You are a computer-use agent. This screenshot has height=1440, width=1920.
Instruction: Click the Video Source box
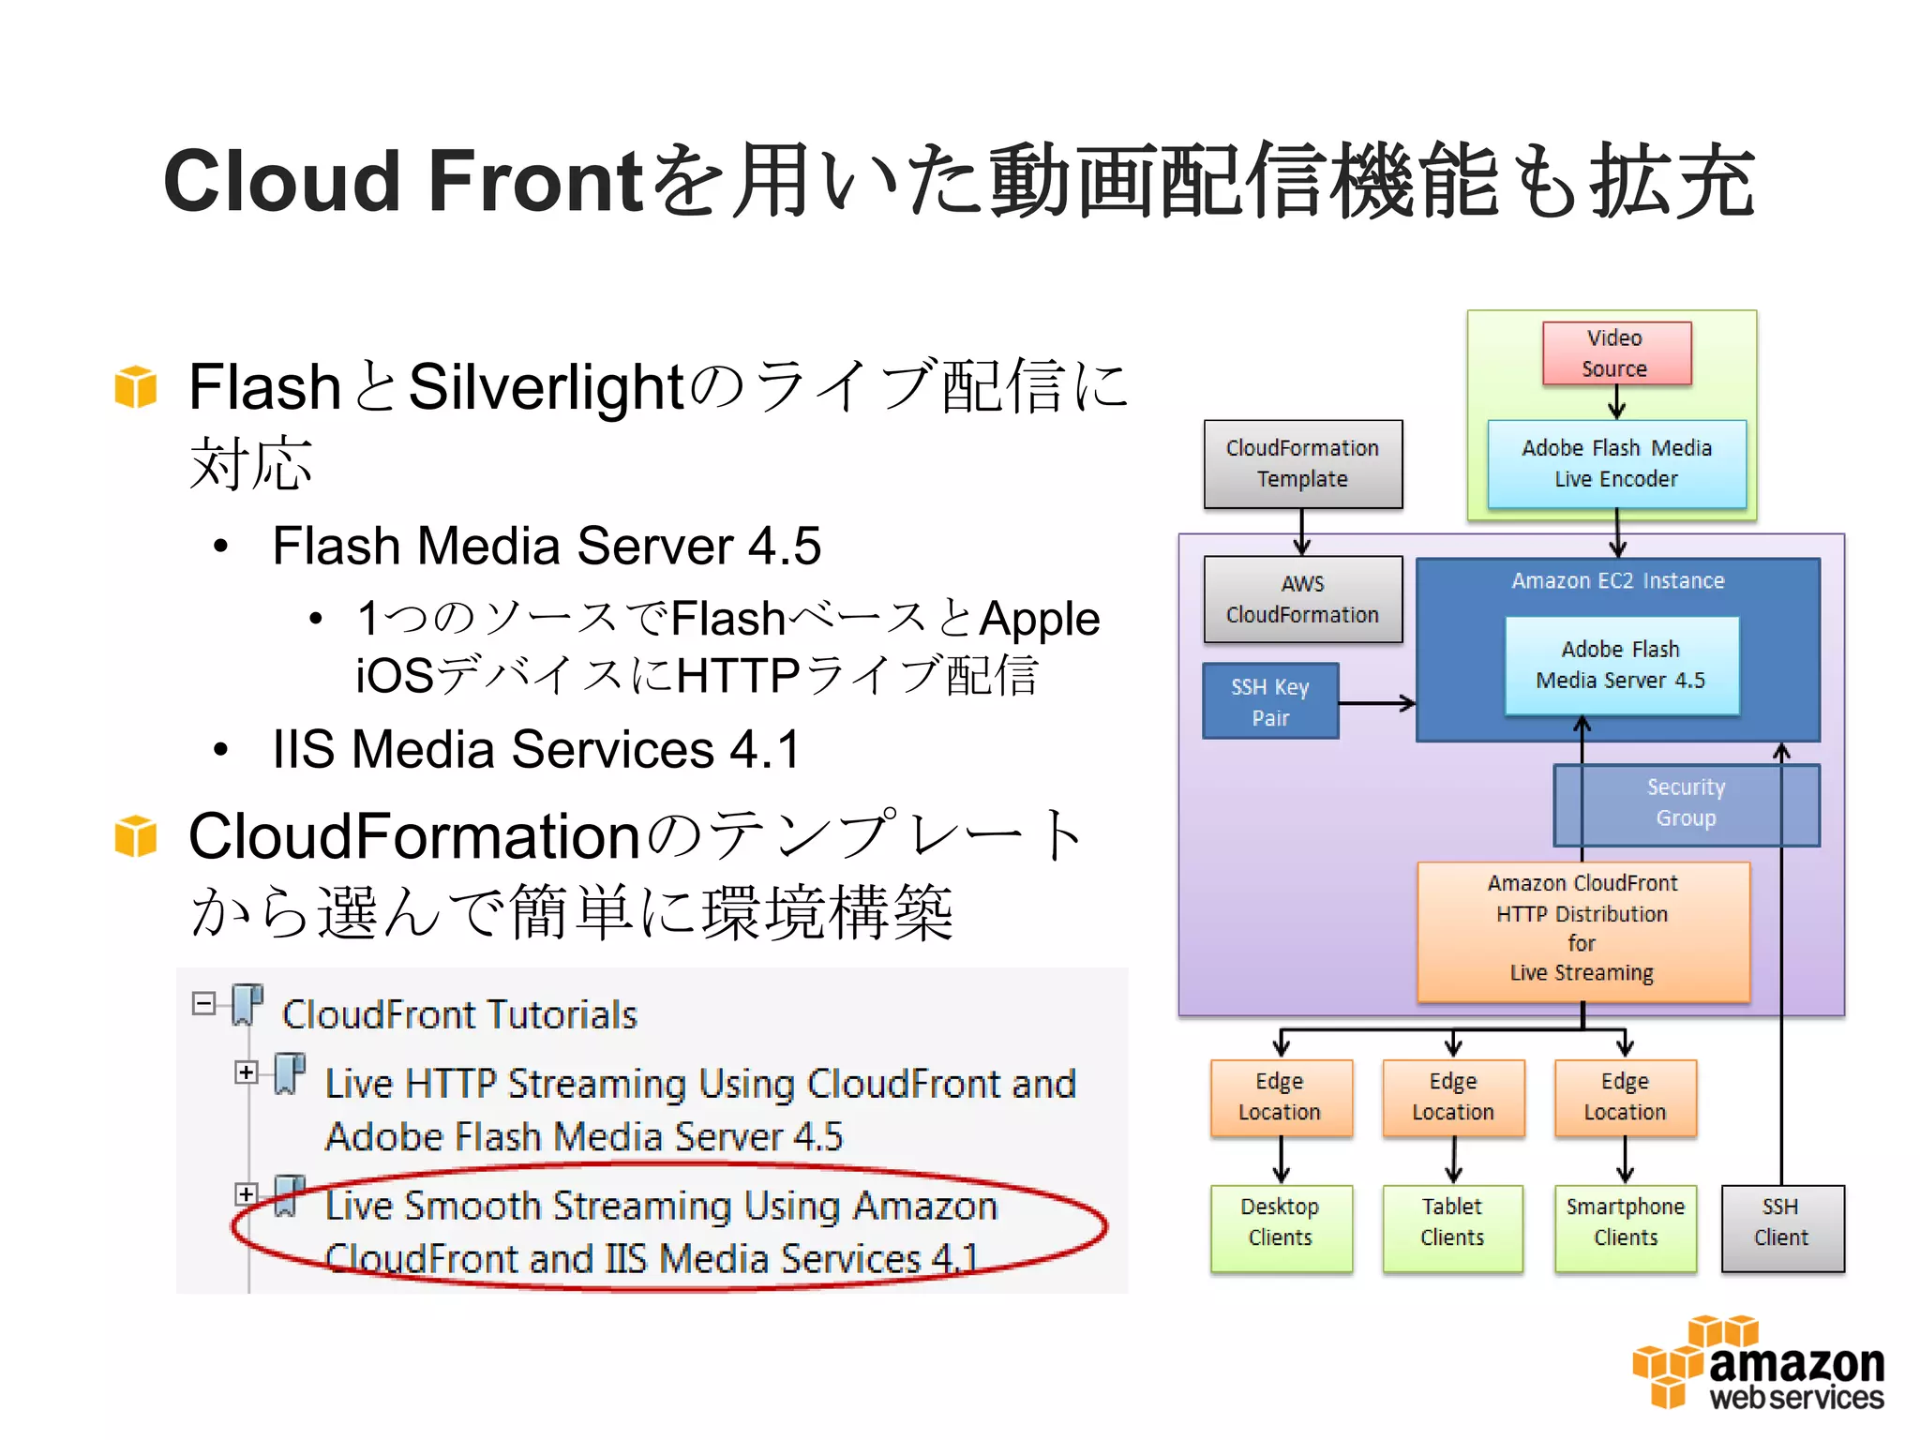[x=1616, y=353]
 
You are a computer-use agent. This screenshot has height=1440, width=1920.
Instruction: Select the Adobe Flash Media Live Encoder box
[x=1616, y=464]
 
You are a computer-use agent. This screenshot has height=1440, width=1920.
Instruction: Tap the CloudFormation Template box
[x=1302, y=464]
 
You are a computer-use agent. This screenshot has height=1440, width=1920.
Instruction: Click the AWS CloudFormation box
[x=1302, y=599]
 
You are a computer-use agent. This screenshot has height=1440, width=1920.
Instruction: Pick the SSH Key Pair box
[x=1270, y=701]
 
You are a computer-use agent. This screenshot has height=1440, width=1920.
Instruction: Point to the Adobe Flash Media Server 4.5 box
[x=1621, y=666]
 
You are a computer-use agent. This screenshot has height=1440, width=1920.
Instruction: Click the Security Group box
[x=1686, y=803]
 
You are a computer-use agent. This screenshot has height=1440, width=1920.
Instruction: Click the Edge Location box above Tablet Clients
[x=1452, y=1097]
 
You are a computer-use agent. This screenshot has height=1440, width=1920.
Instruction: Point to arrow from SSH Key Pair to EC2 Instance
[x=1376, y=703]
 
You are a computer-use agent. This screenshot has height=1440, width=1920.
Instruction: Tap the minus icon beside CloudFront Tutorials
[x=203, y=1003]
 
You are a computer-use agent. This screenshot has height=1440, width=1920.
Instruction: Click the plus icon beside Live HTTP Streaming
[x=247, y=1072]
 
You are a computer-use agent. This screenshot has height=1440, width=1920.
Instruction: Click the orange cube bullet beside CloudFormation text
[x=136, y=835]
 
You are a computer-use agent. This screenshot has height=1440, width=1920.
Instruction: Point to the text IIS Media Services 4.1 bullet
[x=535, y=750]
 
